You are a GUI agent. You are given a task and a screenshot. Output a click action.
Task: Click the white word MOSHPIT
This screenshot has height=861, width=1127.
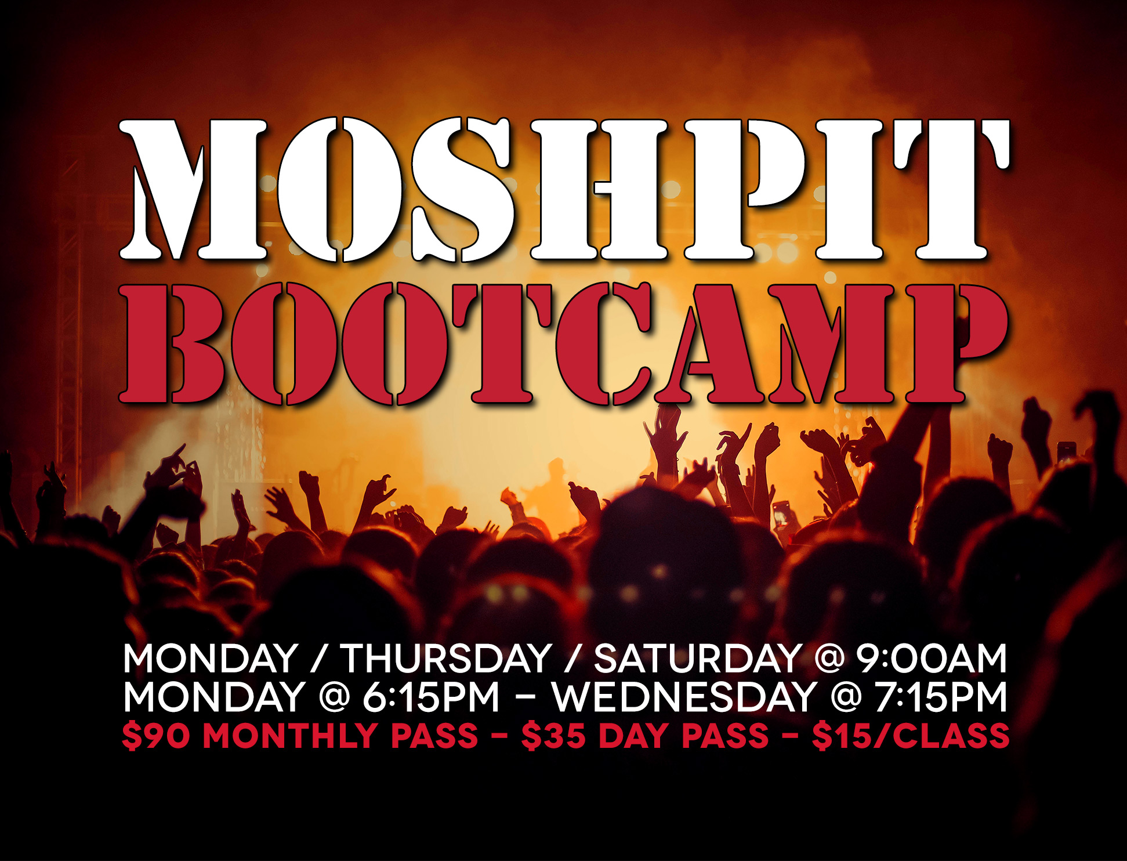pyautogui.click(x=564, y=190)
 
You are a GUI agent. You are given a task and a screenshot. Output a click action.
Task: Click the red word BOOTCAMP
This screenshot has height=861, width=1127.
pyautogui.click(x=563, y=343)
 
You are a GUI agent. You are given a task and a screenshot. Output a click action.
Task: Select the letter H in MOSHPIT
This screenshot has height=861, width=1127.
pyautogui.click(x=599, y=190)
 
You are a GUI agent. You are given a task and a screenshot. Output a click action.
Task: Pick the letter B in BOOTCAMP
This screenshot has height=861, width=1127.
pyautogui.click(x=172, y=343)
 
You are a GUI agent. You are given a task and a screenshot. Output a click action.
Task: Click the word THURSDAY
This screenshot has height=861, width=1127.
pyautogui.click(x=445, y=659)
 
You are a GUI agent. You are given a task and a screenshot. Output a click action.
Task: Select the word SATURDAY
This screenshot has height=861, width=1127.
pyautogui.click(x=697, y=659)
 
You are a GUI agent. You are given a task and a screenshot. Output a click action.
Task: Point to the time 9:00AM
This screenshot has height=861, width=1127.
pyautogui.click(x=932, y=659)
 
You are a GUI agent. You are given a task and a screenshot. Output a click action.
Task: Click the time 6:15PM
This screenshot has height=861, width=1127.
pyautogui.click(x=431, y=697)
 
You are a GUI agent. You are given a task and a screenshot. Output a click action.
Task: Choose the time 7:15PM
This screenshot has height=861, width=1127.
pyautogui.click(x=941, y=697)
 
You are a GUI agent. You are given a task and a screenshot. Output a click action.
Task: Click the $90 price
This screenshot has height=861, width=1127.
pyautogui.click(x=156, y=736)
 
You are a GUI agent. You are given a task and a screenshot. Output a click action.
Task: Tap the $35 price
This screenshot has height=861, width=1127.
pyautogui.click(x=553, y=736)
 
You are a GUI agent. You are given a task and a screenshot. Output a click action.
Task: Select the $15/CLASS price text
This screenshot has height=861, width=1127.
pyautogui.click(x=911, y=736)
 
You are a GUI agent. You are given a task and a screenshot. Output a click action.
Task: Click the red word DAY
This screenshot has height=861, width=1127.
pyautogui.click(x=634, y=736)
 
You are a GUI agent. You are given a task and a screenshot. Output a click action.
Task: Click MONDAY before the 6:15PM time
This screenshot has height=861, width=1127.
pyautogui.click(x=214, y=697)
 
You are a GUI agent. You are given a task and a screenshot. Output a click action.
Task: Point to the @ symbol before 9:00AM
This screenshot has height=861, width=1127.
pyautogui.click(x=829, y=659)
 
